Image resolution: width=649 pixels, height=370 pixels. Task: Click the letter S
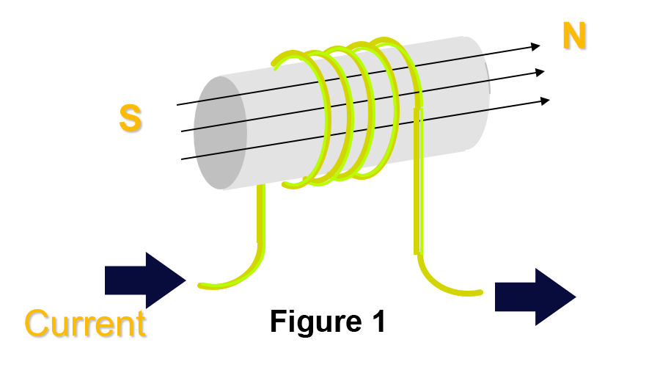(x=131, y=120)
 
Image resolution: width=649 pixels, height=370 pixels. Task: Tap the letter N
(x=575, y=37)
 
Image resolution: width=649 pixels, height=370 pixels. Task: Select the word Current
(x=86, y=324)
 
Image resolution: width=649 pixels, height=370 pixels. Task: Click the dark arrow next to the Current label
(x=143, y=280)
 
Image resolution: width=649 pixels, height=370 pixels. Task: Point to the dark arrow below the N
(x=534, y=297)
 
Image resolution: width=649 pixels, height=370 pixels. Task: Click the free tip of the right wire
(x=480, y=293)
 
